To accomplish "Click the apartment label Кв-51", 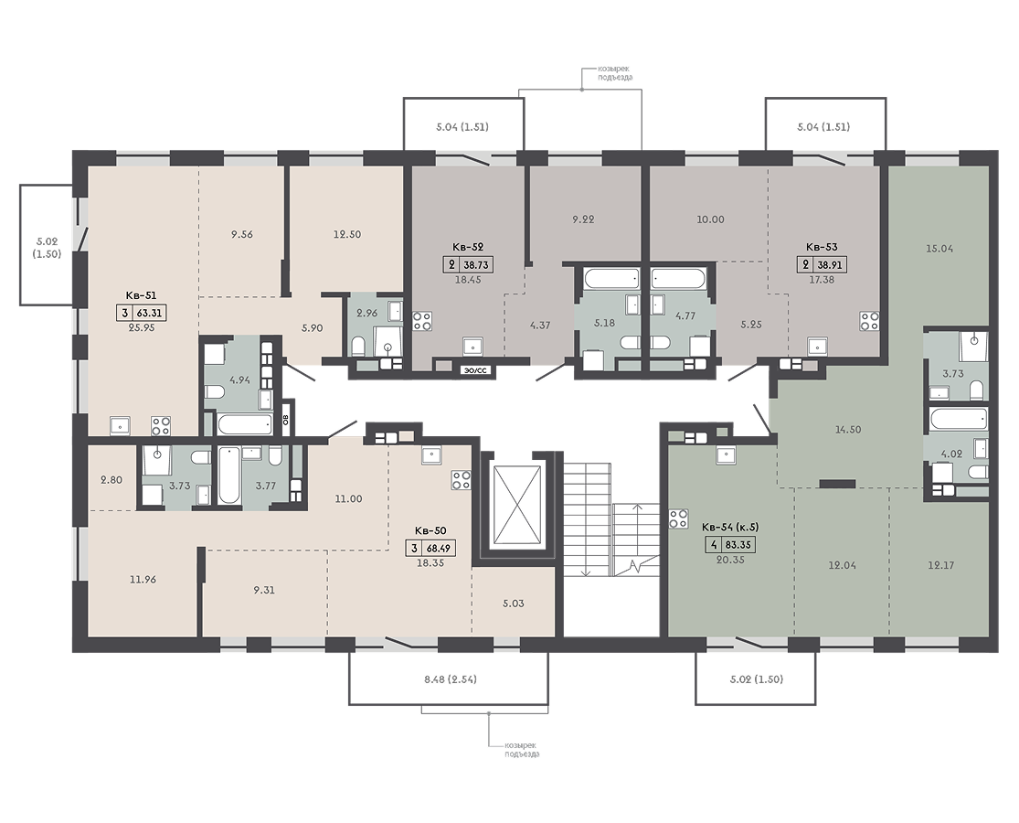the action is coord(141,295).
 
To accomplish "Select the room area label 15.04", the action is coord(939,249).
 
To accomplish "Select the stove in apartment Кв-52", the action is coord(422,321).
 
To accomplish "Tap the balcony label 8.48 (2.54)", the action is coord(451,679).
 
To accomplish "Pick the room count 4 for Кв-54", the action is coord(714,545).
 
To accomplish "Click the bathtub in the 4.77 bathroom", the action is coord(679,279).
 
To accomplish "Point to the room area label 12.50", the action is coord(347,234).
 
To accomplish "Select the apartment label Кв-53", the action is coord(822,247).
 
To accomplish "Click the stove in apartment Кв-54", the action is coord(678,518).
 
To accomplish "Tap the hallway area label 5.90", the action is coord(312,328).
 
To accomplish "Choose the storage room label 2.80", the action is coord(111,480).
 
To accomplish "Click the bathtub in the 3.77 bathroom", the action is coord(228,476).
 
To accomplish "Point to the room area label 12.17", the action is coord(941,565).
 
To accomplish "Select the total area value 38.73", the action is coord(476,265).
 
